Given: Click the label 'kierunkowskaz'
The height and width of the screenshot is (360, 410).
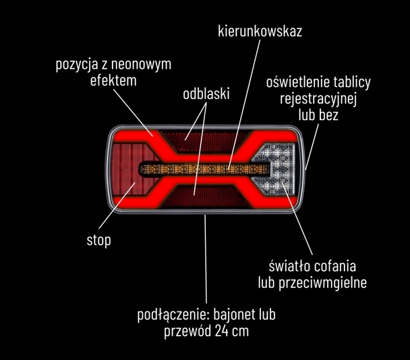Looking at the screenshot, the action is tap(260, 31).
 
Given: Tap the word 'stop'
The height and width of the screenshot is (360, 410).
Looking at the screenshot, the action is tap(99, 240).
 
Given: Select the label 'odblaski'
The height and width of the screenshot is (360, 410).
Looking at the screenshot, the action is tap(206, 94).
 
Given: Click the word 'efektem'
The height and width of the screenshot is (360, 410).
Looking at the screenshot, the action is tap(113, 80).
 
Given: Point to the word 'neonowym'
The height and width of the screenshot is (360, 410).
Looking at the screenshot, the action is tap(141, 64).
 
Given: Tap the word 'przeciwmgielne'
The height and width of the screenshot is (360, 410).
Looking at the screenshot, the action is tap(322, 282).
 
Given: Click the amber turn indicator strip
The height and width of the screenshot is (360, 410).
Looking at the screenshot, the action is tap(204, 169).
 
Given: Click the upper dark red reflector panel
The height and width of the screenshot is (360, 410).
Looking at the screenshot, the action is tap(205, 142).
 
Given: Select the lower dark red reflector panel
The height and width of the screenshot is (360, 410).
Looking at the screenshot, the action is tap(205, 197).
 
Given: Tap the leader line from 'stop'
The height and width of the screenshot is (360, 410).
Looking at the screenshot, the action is tap(117, 206).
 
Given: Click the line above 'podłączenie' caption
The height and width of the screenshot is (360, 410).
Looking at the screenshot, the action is tap(206, 259).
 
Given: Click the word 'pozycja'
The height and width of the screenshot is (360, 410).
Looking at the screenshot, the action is tap(74, 65).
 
